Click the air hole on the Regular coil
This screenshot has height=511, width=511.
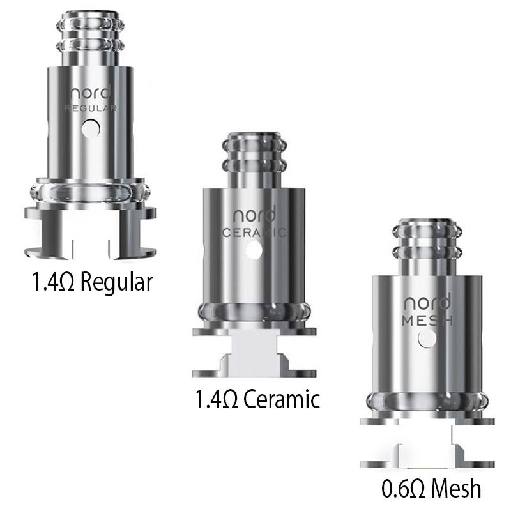(x=93, y=129)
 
